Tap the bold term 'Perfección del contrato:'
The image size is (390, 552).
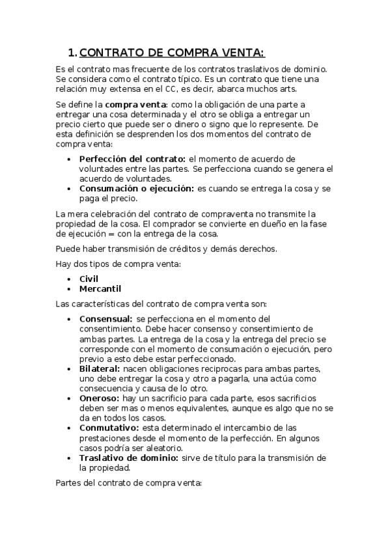click(132, 159)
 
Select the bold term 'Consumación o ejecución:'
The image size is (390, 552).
click(136, 188)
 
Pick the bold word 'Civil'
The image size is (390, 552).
click(89, 279)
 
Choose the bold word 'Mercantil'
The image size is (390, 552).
click(100, 288)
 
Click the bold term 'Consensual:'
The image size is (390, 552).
click(105, 319)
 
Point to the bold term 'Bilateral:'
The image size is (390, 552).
click(100, 368)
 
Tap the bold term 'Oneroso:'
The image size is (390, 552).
click(99, 398)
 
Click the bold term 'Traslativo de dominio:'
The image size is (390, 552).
click(128, 458)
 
